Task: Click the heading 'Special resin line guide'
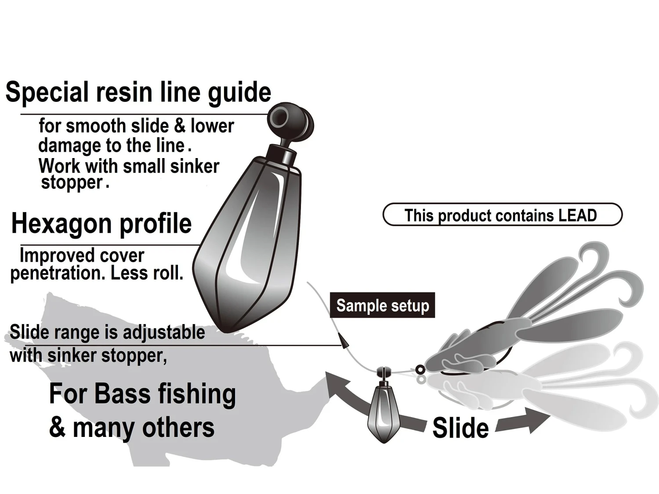pyautogui.click(x=138, y=92)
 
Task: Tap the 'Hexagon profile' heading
pyautogui.click(x=101, y=224)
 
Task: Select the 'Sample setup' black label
pyautogui.click(x=382, y=305)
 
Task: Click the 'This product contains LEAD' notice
pyautogui.click(x=502, y=215)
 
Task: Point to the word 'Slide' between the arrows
pyautogui.click(x=460, y=428)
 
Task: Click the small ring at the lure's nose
pyautogui.click(x=420, y=369)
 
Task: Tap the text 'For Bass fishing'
pyautogui.click(x=142, y=394)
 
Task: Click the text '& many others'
pyautogui.click(x=132, y=427)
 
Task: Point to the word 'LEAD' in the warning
pyautogui.click(x=577, y=215)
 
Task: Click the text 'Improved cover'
pyautogui.click(x=82, y=256)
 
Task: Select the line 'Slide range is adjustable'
pyautogui.click(x=107, y=332)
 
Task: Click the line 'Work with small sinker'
pyautogui.click(x=129, y=166)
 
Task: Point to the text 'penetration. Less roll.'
pyautogui.click(x=97, y=273)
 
